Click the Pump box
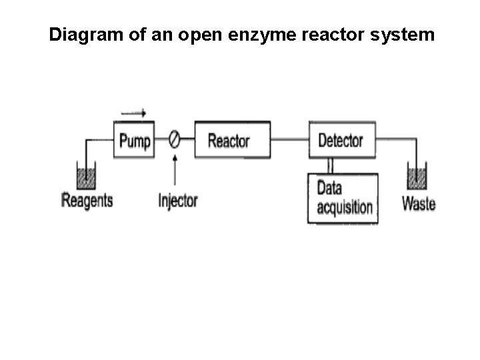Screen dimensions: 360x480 134,141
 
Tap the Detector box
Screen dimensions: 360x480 341,140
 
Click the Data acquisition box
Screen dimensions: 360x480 343,198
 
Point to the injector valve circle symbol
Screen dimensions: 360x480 174,141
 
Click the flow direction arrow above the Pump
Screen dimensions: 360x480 134,114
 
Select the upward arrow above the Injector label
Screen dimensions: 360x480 175,171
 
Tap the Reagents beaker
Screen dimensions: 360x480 86,177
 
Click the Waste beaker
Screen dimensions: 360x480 417,177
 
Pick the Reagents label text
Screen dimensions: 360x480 87,200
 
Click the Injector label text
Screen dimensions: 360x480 178,200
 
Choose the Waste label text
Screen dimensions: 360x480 418,203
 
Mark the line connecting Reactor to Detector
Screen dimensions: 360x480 289,140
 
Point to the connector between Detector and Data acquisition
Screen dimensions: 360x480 329,165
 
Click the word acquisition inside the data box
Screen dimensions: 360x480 344,207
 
